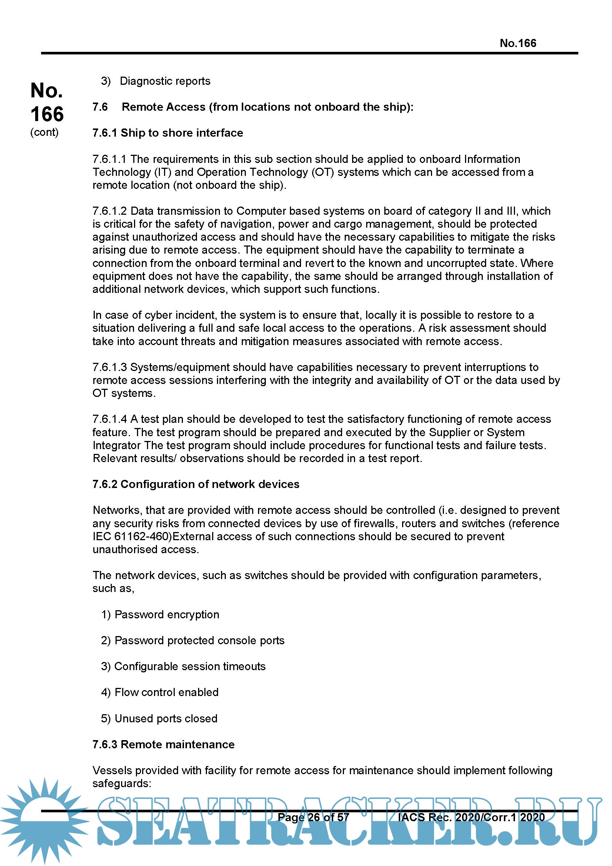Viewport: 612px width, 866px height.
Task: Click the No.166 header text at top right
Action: click(x=517, y=43)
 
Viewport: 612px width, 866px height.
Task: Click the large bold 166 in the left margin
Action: click(x=47, y=114)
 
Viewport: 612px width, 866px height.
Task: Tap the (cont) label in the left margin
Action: click(x=44, y=133)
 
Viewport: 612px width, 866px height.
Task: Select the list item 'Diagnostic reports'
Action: click(x=165, y=81)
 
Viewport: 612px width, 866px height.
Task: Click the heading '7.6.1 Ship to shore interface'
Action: click(x=168, y=133)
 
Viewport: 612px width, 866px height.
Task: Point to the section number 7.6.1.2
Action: click(x=109, y=211)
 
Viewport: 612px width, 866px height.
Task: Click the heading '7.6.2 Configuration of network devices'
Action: click(x=196, y=484)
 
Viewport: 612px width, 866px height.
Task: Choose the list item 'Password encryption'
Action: click(x=167, y=615)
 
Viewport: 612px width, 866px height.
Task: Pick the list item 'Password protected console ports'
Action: click(x=199, y=641)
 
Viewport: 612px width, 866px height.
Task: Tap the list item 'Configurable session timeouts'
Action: click(x=190, y=666)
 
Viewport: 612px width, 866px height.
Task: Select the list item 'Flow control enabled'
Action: click(x=166, y=692)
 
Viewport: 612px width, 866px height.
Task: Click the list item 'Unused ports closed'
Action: click(x=166, y=719)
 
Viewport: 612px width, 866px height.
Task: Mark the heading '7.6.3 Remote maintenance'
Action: click(x=163, y=744)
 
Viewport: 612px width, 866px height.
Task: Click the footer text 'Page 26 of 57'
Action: click(x=313, y=817)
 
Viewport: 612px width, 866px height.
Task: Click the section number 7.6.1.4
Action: click(x=109, y=419)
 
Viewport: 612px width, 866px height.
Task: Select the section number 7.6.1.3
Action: click(x=109, y=367)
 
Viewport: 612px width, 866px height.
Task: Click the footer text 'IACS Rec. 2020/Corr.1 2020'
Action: click(x=471, y=817)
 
